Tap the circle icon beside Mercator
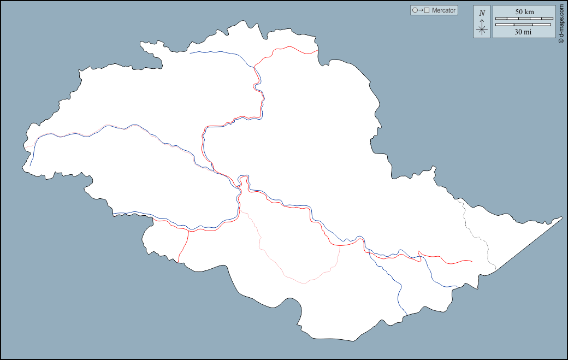415,10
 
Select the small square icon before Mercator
427,10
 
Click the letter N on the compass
482,13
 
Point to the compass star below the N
482,29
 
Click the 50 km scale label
524,12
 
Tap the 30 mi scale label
523,32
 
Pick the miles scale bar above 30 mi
523,25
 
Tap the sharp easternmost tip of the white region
561,217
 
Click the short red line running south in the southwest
184,246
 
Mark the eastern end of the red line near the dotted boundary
471,261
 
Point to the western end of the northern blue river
190,53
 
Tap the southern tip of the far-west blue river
30,165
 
